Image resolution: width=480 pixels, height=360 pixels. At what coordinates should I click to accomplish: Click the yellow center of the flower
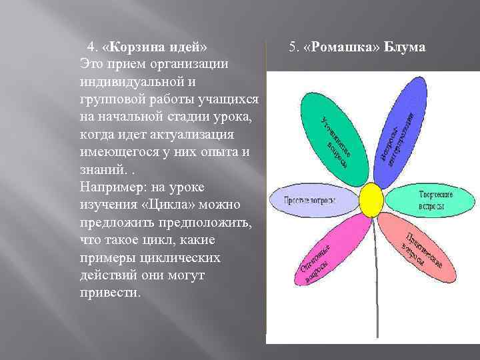pyautogui.click(x=371, y=199)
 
